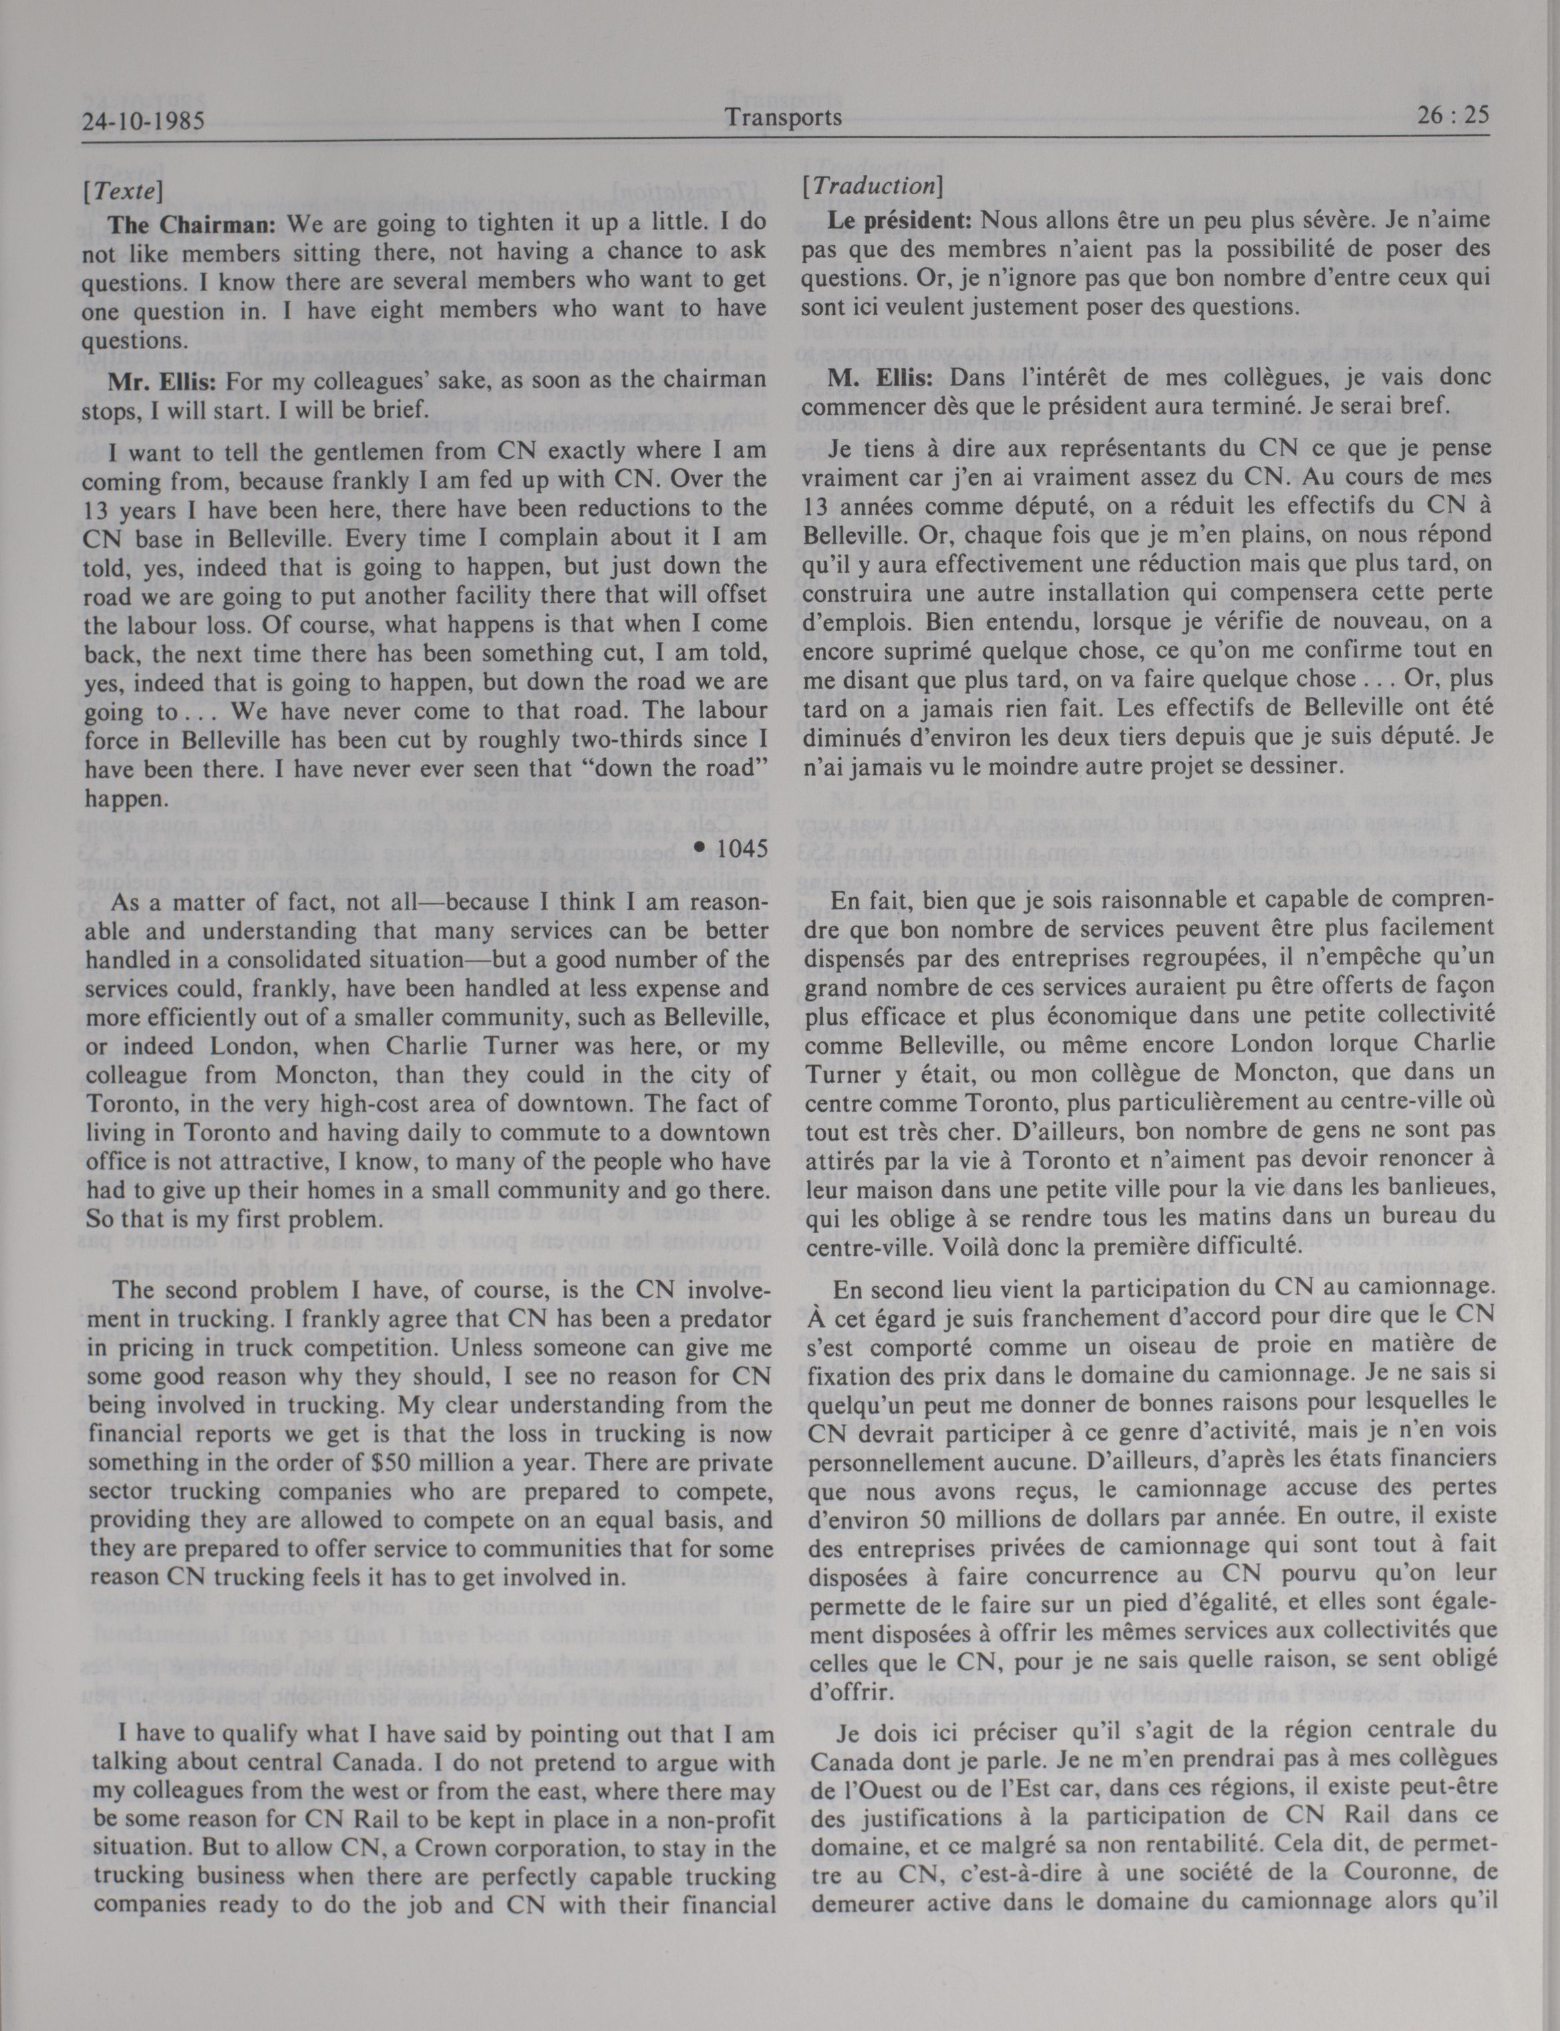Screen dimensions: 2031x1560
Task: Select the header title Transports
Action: click(784, 117)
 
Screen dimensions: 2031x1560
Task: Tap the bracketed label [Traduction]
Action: click(872, 186)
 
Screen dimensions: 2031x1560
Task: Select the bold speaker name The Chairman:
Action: click(192, 225)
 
